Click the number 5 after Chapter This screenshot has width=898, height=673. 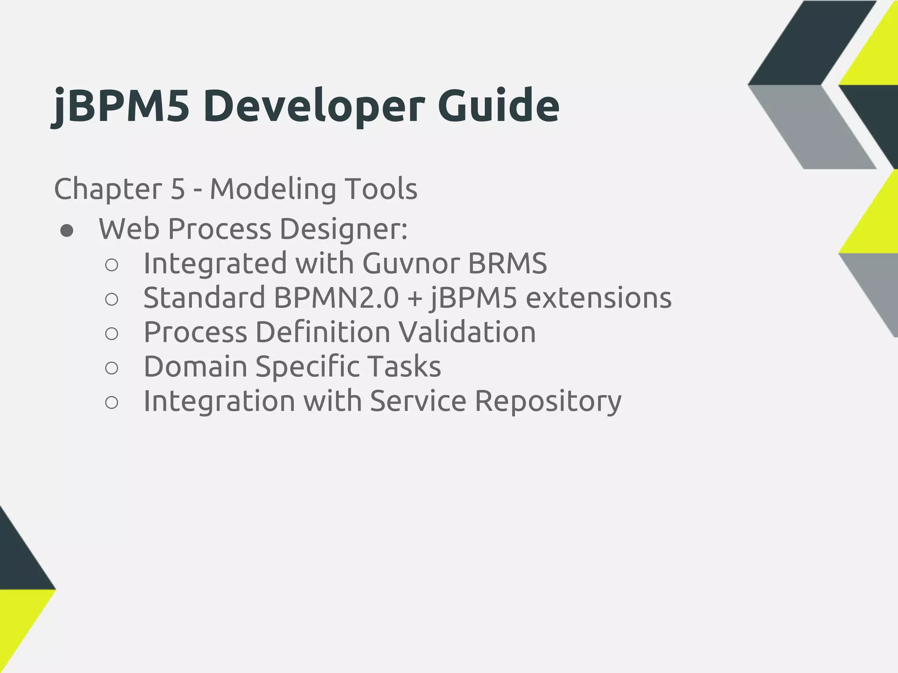point(178,189)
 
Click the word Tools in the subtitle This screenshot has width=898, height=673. point(381,189)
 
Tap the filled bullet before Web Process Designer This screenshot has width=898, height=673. point(67,231)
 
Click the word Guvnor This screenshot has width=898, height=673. point(411,263)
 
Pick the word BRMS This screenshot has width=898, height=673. point(507,263)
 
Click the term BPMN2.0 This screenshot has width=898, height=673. point(336,298)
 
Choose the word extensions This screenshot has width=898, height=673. point(599,298)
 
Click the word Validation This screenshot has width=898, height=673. point(467,332)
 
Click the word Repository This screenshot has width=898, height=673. point(548,401)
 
